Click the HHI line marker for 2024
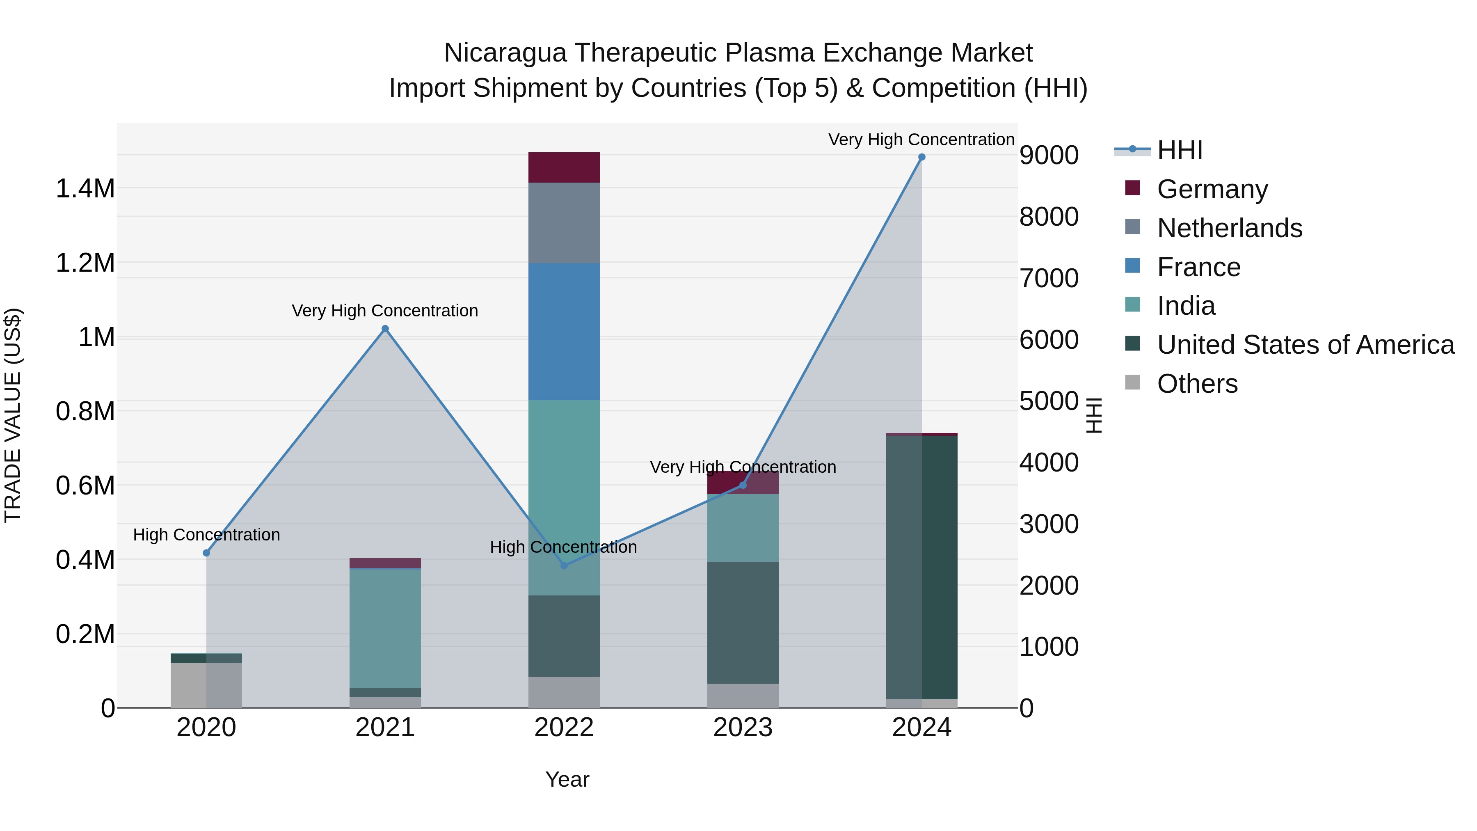[x=921, y=157]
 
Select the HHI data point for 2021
[x=385, y=329]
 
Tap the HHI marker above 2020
[x=206, y=553]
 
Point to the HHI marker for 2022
[x=564, y=565]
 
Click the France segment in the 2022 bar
[x=564, y=332]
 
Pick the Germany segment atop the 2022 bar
[x=564, y=167]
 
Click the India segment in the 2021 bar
[x=385, y=628]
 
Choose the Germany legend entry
[x=1212, y=189]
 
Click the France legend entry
[x=1198, y=267]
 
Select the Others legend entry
[x=1197, y=384]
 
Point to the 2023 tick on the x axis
[x=743, y=728]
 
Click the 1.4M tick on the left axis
[x=85, y=189]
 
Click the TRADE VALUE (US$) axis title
[x=13, y=415]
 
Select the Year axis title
[x=567, y=779]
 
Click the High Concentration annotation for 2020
[x=206, y=534]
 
